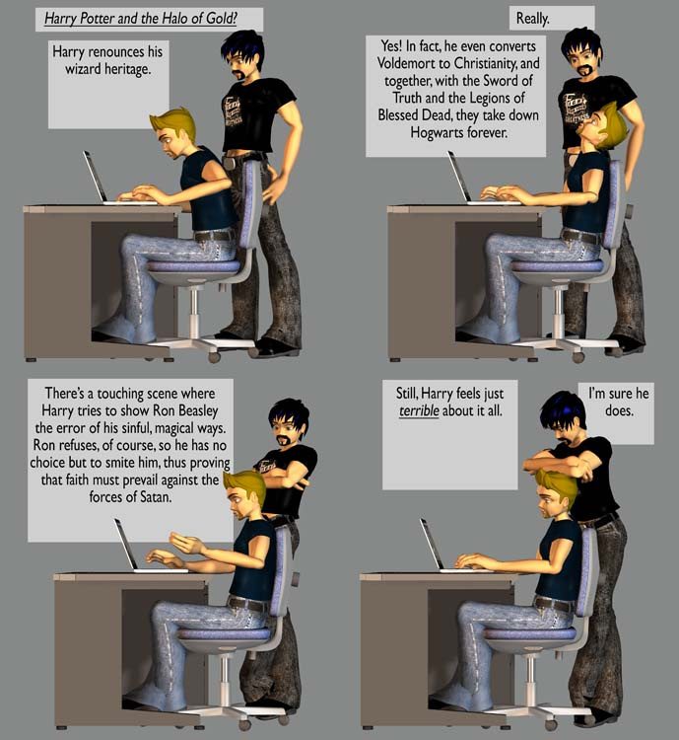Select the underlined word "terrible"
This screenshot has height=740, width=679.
point(419,411)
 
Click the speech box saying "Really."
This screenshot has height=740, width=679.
point(552,19)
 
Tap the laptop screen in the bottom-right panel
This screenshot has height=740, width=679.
point(432,544)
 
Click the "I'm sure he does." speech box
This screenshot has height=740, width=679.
point(616,413)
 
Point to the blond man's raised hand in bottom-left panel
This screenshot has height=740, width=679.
point(186,544)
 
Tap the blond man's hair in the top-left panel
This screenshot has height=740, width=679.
point(175,122)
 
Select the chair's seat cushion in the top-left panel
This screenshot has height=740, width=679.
point(194,266)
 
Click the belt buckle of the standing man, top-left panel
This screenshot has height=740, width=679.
point(230,163)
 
